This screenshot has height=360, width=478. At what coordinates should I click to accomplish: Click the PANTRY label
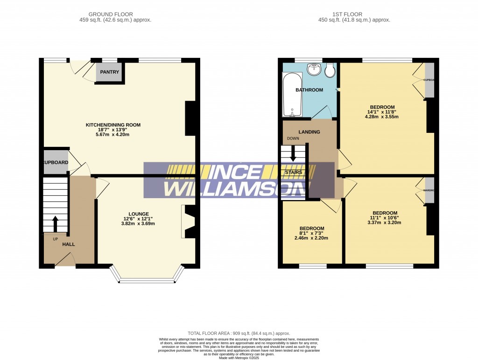110,72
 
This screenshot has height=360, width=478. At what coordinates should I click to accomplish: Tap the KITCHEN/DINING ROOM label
113,125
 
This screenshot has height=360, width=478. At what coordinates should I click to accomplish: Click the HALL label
69,244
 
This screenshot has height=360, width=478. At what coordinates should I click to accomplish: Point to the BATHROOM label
309,90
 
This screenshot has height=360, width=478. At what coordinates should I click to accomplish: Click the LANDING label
309,132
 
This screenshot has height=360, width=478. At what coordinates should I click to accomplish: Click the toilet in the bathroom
330,70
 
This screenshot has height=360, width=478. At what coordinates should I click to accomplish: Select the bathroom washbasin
314,69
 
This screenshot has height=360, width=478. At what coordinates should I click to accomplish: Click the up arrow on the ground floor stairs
55,224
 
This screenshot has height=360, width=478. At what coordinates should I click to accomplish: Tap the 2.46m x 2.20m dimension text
311,238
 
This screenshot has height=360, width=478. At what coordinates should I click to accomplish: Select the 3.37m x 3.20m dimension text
385,223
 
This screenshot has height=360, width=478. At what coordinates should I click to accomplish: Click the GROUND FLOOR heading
115,14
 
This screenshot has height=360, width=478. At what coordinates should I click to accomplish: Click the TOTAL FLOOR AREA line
239,333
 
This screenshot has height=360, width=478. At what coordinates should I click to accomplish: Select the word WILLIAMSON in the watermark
238,188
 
